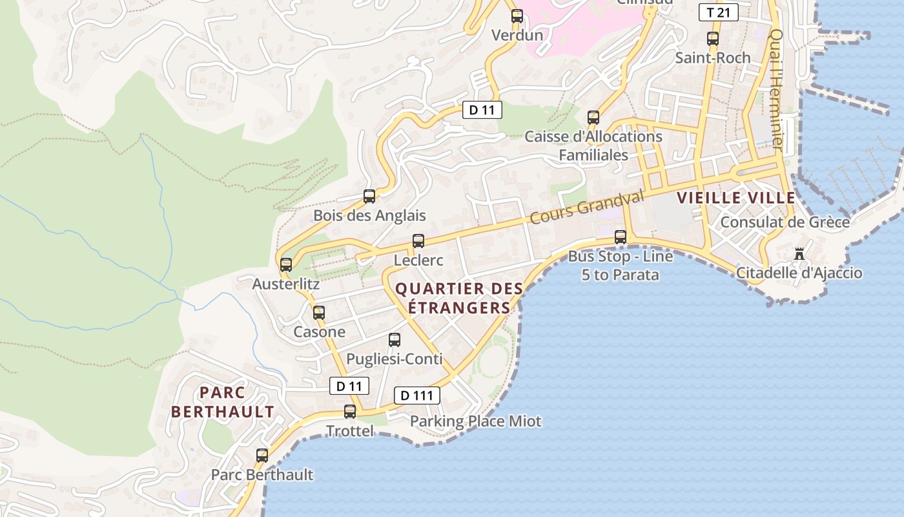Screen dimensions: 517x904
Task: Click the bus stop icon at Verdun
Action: click(x=517, y=16)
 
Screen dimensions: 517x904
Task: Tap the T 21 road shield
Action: click(x=719, y=12)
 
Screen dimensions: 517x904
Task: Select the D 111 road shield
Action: click(x=416, y=396)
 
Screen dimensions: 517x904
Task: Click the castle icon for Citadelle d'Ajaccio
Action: click(x=799, y=253)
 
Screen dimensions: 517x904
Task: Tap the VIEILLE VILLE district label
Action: click(x=736, y=198)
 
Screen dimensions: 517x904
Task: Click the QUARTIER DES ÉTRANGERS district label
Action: click(x=458, y=298)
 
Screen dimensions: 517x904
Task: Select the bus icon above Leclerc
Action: click(x=418, y=241)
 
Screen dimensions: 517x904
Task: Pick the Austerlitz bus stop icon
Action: click(x=286, y=264)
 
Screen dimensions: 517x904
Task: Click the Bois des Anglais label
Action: click(x=369, y=215)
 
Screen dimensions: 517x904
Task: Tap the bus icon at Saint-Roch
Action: click(x=713, y=39)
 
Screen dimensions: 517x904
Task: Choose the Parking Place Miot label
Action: click(x=475, y=421)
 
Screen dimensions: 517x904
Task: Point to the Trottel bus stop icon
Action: click(x=350, y=412)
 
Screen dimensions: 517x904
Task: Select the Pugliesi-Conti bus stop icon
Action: click(x=395, y=340)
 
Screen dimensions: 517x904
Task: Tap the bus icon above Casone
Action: click(x=319, y=313)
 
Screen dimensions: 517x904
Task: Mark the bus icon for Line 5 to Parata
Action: click(x=621, y=237)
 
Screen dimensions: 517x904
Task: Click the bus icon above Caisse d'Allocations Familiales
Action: click(x=593, y=118)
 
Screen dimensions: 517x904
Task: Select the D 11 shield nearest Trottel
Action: click(x=349, y=386)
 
